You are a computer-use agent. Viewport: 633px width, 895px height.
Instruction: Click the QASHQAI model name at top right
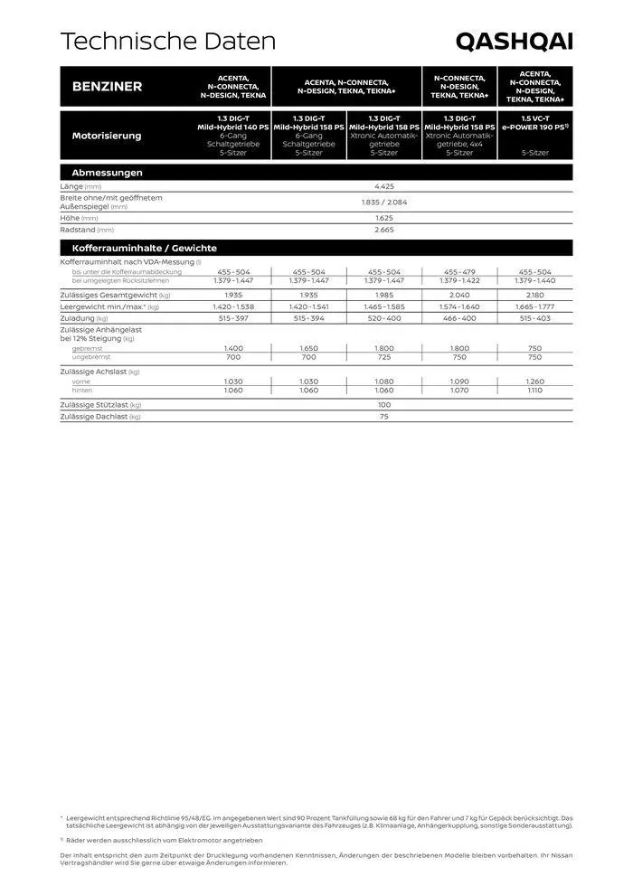pos(514,42)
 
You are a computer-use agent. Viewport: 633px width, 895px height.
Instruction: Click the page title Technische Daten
pos(167,42)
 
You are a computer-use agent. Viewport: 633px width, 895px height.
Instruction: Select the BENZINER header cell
pos(107,87)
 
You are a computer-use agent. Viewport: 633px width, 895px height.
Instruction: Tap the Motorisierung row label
pos(107,136)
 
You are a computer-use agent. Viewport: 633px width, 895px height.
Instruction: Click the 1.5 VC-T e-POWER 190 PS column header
pos(535,123)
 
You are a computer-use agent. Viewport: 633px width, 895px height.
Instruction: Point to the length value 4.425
pos(383,186)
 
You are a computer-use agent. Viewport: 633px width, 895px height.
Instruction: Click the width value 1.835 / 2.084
pos(383,203)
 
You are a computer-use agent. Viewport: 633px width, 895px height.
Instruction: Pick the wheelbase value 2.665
pos(383,231)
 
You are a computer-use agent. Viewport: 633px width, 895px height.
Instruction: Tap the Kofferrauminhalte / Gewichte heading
pos(145,248)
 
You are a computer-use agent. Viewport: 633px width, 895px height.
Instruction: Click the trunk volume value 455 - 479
pos(459,271)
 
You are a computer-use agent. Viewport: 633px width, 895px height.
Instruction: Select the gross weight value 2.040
pos(459,295)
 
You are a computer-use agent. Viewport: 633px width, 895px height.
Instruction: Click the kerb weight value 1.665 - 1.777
pos(534,306)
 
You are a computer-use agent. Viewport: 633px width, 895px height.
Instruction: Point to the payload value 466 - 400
pos(459,318)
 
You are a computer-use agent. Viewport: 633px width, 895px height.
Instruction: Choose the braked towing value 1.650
pos(309,348)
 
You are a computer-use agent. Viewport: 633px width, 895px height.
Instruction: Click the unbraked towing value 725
pos(384,357)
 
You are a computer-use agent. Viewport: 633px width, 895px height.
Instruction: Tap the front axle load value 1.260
pos(534,382)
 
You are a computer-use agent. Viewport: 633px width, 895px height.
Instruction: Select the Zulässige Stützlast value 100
pos(383,405)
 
